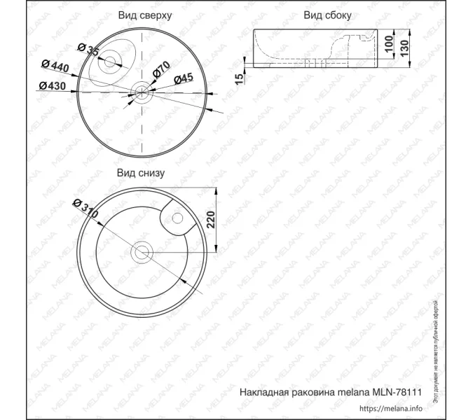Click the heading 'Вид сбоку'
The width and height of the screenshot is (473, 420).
(x=327, y=15)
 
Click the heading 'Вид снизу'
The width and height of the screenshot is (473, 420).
(x=141, y=172)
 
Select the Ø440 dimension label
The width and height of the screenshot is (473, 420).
(x=55, y=66)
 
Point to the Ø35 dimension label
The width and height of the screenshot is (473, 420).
(x=88, y=50)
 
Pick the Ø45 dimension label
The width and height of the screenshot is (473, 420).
(x=183, y=78)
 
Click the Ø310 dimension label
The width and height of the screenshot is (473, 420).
(x=84, y=209)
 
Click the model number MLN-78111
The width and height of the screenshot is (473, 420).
(x=399, y=393)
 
